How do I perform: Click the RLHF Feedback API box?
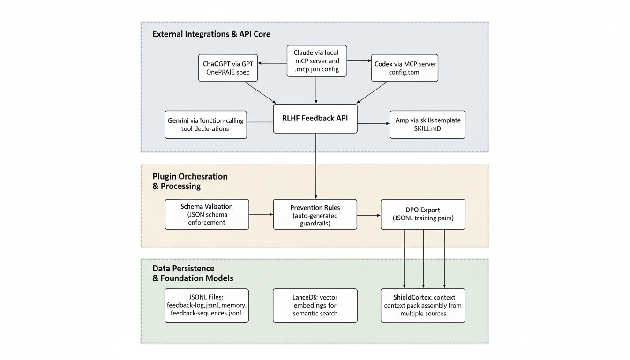(x=315, y=119)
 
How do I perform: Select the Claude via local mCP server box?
(x=316, y=61)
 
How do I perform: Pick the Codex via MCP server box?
(x=405, y=68)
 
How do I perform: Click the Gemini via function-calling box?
(x=205, y=124)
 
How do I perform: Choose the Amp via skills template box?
(x=427, y=124)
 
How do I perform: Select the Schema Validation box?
(x=207, y=214)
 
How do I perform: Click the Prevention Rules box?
(x=315, y=214)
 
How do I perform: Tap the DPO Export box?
(x=423, y=214)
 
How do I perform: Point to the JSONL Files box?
(x=207, y=305)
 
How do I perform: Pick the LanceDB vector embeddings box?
(x=315, y=305)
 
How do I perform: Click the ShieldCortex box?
(x=423, y=305)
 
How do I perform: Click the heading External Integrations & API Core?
(x=211, y=34)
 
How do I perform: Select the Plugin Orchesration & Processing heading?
(x=190, y=181)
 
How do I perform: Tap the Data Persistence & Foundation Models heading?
(x=193, y=273)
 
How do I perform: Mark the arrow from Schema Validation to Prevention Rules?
(x=261, y=214)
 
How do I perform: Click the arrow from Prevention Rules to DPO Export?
(x=369, y=215)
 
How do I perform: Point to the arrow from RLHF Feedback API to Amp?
(x=374, y=124)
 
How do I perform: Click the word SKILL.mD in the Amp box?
(x=427, y=129)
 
